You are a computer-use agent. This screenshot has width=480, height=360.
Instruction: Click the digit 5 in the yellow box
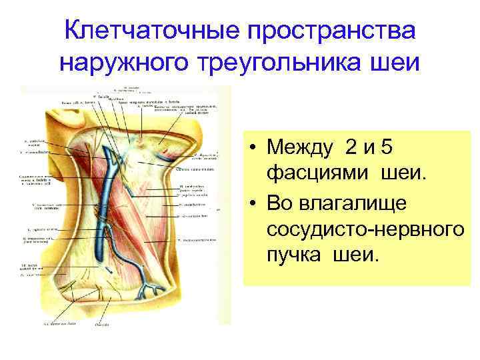coord(398,146)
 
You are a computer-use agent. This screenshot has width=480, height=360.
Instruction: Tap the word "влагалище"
coord(345,201)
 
